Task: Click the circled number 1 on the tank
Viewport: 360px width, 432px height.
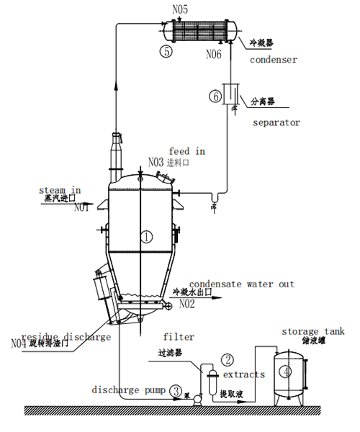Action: [x=146, y=236]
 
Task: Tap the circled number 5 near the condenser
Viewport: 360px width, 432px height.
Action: [x=166, y=52]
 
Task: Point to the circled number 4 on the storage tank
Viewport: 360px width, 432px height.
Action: [x=286, y=372]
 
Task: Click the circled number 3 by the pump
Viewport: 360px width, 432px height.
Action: [x=176, y=392]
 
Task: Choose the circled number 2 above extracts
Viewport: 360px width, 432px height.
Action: [x=228, y=359]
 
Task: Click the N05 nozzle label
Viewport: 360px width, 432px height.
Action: [x=181, y=9]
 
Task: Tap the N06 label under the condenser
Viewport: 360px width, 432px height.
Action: [x=215, y=54]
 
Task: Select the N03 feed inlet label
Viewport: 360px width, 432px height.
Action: [x=156, y=162]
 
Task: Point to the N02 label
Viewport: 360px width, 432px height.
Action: [x=187, y=305]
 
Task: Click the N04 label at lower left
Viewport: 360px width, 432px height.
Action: [x=19, y=343]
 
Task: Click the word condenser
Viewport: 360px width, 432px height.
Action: [x=274, y=60]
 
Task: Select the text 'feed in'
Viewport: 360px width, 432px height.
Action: [x=187, y=151]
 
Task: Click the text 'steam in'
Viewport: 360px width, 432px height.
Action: [x=60, y=190]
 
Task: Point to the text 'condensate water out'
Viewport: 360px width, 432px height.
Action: [x=242, y=284]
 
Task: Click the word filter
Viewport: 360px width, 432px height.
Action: [x=179, y=336]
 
